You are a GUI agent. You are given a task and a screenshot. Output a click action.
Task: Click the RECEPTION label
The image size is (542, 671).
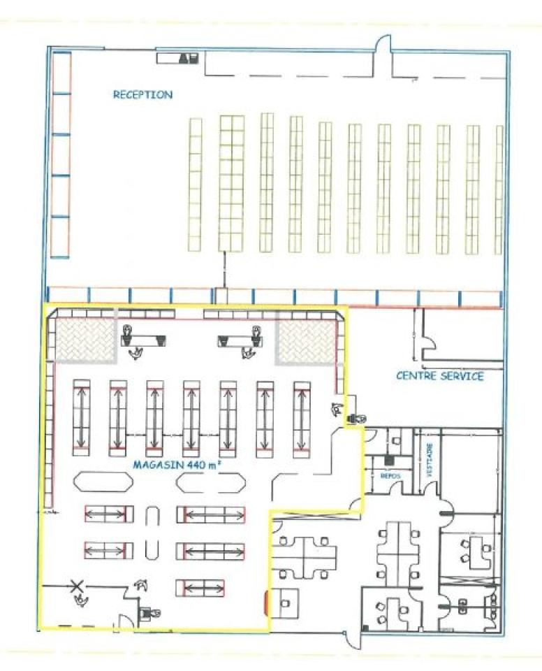(144, 94)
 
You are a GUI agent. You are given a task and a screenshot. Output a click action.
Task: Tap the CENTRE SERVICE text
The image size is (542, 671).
(440, 376)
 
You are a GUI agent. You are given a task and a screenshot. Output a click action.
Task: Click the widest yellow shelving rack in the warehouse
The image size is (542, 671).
(231, 183)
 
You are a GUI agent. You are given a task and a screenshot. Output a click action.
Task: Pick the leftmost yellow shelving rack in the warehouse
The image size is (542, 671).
(195, 185)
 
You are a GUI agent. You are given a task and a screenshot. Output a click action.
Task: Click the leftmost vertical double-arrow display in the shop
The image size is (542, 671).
(82, 417)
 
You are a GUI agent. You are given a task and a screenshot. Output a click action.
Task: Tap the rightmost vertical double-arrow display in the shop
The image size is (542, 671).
(302, 418)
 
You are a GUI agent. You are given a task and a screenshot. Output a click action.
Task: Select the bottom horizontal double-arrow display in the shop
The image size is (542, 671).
(200, 587)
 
